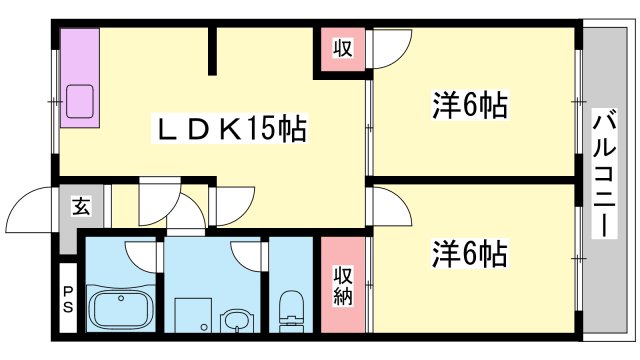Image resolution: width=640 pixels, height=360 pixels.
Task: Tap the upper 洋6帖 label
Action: [469, 104]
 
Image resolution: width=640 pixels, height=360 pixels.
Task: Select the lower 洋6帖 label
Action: [469, 252]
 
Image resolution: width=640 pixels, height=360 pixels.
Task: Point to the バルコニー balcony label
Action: [603, 172]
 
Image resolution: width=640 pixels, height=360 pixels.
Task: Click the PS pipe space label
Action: [68, 298]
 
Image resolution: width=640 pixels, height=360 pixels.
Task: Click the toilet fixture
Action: [291, 309]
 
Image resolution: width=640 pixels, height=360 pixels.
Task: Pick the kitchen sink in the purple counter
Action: [79, 101]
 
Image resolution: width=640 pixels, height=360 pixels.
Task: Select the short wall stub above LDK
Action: [212, 50]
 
